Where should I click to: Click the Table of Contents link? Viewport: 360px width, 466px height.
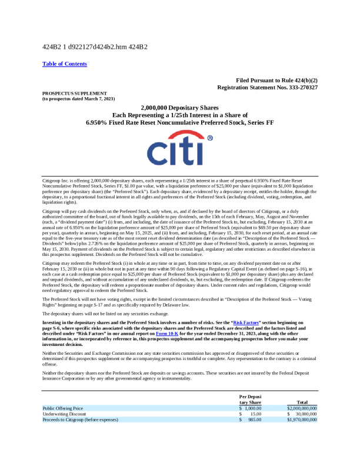(x=65, y=64)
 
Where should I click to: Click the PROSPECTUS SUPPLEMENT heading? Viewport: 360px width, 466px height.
(x=66, y=93)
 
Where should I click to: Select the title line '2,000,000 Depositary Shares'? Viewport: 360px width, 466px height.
(x=180, y=108)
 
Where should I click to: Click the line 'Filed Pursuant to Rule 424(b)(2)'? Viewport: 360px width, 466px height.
(x=276, y=80)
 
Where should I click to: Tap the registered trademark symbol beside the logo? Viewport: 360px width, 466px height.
(x=210, y=139)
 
